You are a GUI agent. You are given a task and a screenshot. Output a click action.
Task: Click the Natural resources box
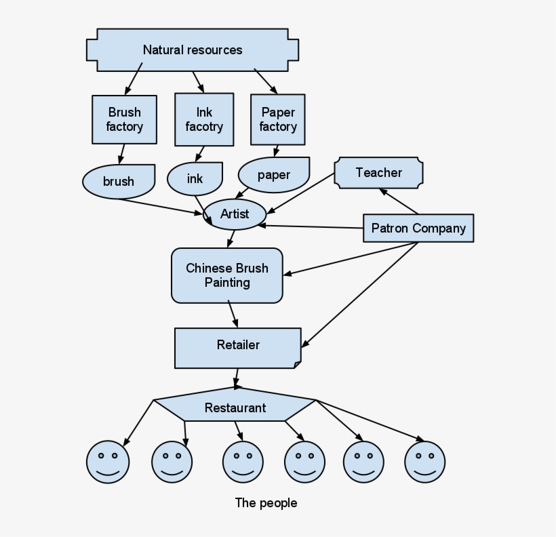(193, 50)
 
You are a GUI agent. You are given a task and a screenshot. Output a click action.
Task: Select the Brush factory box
(125, 119)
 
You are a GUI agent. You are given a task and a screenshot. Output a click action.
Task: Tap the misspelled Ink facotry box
(204, 119)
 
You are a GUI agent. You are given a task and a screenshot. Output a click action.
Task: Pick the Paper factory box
(278, 119)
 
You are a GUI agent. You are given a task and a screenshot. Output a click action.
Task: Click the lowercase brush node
(119, 181)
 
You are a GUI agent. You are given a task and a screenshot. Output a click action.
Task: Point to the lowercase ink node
(195, 179)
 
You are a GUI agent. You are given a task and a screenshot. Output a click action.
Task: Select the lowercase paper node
(274, 174)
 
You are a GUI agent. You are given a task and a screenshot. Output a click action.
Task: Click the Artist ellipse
(235, 214)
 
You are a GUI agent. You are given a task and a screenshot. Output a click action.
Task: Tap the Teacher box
(379, 172)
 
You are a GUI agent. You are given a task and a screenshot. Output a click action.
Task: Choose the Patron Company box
(418, 228)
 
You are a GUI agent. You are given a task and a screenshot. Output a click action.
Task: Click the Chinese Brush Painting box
(227, 275)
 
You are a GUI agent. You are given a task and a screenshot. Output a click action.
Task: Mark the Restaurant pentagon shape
(235, 407)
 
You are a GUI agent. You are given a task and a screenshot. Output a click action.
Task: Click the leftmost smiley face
(108, 462)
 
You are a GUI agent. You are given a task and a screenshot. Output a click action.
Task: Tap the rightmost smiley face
(425, 462)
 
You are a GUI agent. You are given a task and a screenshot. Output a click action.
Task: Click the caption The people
(266, 502)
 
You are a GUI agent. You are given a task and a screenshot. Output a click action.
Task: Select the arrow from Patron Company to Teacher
(399, 201)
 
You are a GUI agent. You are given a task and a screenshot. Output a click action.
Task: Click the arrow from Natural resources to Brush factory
(133, 79)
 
